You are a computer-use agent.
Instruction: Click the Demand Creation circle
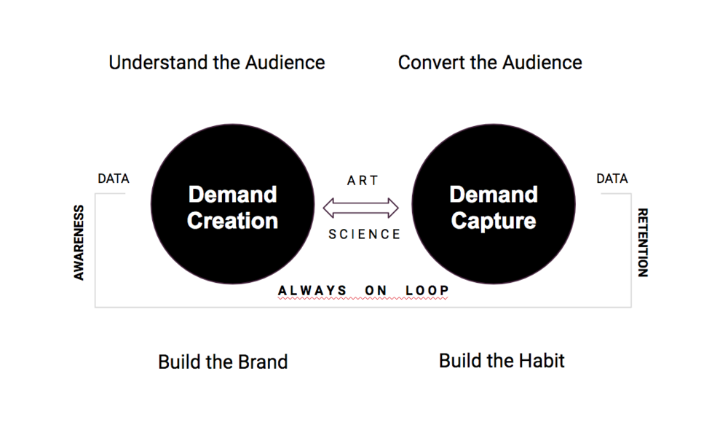coord(233,203)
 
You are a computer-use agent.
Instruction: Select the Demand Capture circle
coord(494,203)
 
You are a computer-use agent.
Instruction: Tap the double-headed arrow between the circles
coord(361,208)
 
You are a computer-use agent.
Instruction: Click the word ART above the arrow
coord(363,180)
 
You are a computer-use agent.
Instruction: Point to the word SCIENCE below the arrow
coord(365,234)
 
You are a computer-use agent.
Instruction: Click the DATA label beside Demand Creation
coord(114,179)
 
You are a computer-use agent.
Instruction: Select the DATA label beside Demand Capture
coord(612,179)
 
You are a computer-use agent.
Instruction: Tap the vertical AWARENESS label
coord(79,243)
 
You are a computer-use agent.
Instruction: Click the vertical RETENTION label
coord(643,242)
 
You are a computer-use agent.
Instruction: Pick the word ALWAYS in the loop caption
coord(312,291)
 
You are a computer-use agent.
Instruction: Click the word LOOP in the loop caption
coord(427,291)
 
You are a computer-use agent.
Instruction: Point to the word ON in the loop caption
coord(376,291)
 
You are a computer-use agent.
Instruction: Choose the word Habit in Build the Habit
coord(542,361)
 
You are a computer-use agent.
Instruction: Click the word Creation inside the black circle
coord(233,220)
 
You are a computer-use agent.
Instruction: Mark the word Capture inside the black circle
coord(494,221)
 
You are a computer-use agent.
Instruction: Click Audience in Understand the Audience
coord(285,63)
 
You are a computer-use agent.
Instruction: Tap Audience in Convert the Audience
coord(542,63)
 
